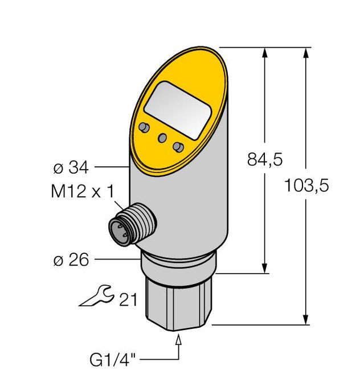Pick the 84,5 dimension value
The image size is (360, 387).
pos(265,160)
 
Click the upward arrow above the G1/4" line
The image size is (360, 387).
pos(181,340)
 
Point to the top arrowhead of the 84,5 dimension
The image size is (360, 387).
pos(265,53)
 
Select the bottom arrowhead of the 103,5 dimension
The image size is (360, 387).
pos(307,319)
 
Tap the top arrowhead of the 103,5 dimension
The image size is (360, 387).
pos(307,53)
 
